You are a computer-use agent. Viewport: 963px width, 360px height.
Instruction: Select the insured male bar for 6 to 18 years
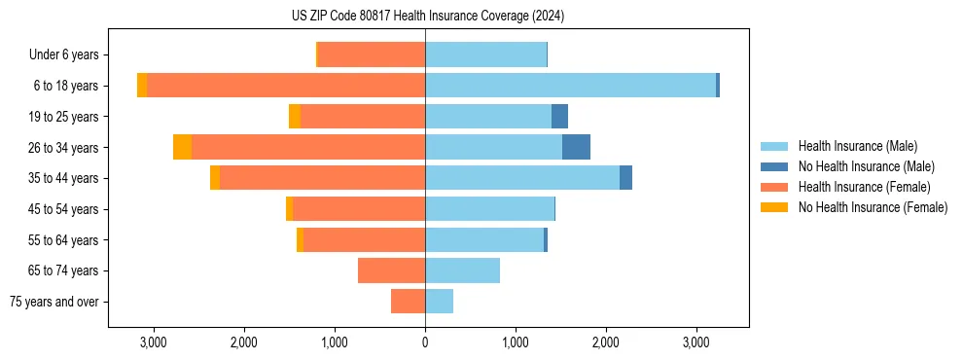click(570, 86)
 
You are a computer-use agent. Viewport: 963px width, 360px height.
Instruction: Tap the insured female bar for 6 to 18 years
click(286, 86)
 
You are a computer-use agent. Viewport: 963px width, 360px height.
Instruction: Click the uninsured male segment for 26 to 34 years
click(576, 147)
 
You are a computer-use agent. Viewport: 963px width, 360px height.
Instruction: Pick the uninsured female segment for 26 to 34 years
click(183, 147)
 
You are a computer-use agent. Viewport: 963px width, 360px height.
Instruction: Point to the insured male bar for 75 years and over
click(439, 302)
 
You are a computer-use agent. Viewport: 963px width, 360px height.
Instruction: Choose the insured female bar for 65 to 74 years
click(391, 270)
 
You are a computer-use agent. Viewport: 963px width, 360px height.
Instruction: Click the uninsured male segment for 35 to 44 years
click(625, 178)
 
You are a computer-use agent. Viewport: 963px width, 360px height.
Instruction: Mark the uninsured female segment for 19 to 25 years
click(295, 117)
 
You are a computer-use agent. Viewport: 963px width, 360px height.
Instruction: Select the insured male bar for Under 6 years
click(485, 54)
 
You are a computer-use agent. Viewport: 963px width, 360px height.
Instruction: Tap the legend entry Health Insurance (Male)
click(857, 146)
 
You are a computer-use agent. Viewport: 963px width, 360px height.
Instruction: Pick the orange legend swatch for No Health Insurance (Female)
click(774, 207)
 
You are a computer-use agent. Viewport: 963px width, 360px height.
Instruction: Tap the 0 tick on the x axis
click(425, 342)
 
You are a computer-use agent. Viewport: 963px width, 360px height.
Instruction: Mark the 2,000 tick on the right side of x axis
click(606, 342)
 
